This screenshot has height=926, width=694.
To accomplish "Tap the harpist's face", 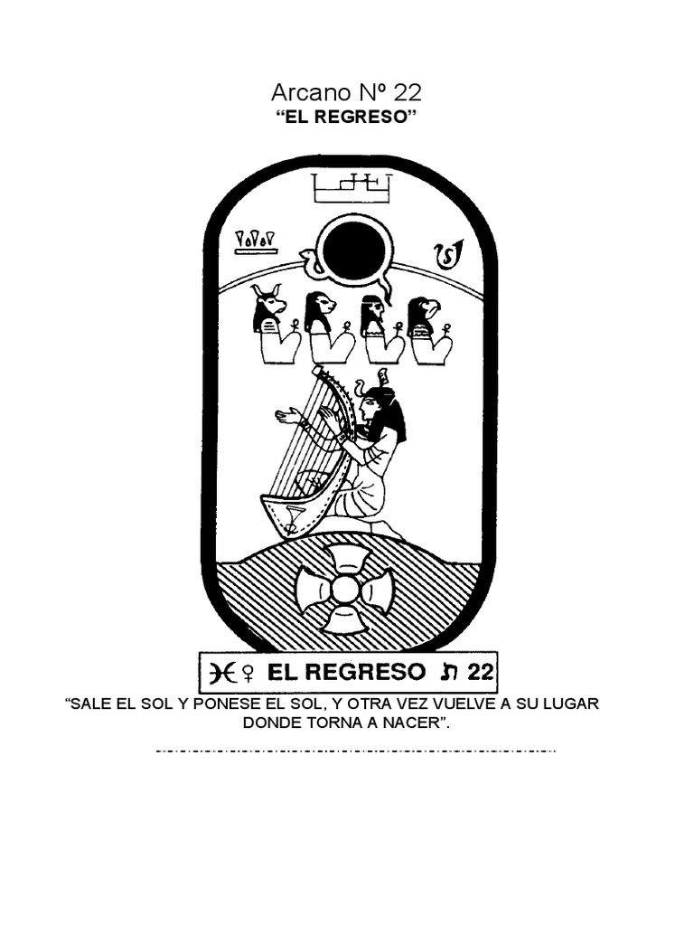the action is coord(370,406).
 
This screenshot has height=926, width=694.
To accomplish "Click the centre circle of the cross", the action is coord(345,590).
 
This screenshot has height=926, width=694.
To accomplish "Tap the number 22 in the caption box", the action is coord(481,671).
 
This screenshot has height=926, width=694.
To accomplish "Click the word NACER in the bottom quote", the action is coord(415,724).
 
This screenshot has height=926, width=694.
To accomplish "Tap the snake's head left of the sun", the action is coord(309,259).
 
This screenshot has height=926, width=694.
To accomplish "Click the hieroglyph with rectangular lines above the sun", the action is coord(352,187).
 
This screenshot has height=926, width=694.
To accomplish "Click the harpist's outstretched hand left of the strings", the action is coord(286,417).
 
